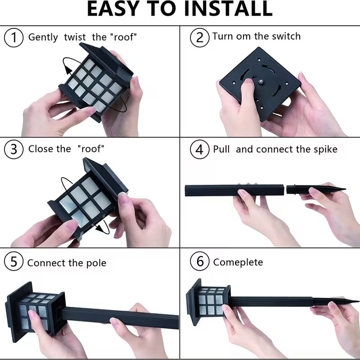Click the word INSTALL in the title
tap(229, 9)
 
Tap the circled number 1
tap(14, 38)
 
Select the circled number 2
tap(199, 37)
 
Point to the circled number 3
tap(14, 149)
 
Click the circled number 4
tap(199, 149)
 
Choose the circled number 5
tap(14, 261)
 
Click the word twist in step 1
tap(75, 37)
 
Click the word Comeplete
tap(238, 262)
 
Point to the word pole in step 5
tap(96, 263)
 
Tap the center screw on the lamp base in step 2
tap(261, 81)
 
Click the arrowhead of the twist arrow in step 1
tap(68, 69)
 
